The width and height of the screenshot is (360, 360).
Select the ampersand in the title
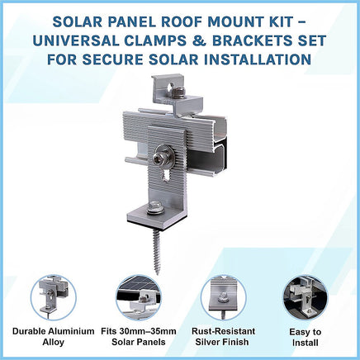click(198, 40)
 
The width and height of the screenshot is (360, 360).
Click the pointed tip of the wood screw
click(158, 273)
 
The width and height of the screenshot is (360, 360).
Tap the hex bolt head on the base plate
click(155, 208)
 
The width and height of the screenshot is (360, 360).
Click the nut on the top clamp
click(178, 92)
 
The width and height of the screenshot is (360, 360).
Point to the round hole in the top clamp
click(169, 88)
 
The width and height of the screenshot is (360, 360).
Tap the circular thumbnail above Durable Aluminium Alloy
click(54, 298)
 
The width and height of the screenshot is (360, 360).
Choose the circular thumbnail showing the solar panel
click(139, 298)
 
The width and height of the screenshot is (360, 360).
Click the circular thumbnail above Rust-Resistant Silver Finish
click(223, 298)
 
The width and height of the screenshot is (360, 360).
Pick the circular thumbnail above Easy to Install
click(306, 298)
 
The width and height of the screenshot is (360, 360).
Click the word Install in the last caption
click(306, 343)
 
